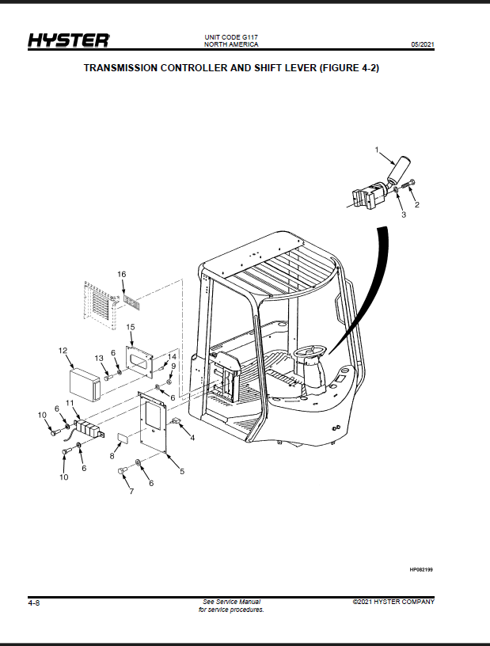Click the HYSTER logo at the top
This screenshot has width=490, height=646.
click(x=69, y=40)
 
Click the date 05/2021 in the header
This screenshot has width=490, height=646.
click(x=423, y=44)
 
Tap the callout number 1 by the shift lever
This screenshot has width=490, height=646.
click(x=376, y=150)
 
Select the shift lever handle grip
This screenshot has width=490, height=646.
click(x=398, y=169)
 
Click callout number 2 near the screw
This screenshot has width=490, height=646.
click(x=417, y=205)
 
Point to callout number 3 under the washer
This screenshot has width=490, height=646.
click(x=404, y=215)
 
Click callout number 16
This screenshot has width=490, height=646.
click(x=122, y=275)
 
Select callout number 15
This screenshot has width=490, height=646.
click(x=131, y=327)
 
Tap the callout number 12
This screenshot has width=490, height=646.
click(x=63, y=351)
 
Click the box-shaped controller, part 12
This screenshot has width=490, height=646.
click(x=85, y=385)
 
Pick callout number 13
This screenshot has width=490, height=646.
click(x=99, y=358)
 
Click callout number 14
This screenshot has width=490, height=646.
click(x=172, y=356)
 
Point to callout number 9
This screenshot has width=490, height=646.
click(x=173, y=366)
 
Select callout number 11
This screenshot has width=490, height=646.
click(x=70, y=402)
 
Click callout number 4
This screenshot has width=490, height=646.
click(x=192, y=438)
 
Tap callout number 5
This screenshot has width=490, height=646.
click(x=182, y=471)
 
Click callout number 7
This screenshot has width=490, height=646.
click(x=131, y=491)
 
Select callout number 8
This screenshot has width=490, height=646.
click(x=112, y=456)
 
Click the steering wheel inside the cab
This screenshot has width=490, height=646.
click(x=311, y=353)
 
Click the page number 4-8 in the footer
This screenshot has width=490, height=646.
click(x=34, y=603)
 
